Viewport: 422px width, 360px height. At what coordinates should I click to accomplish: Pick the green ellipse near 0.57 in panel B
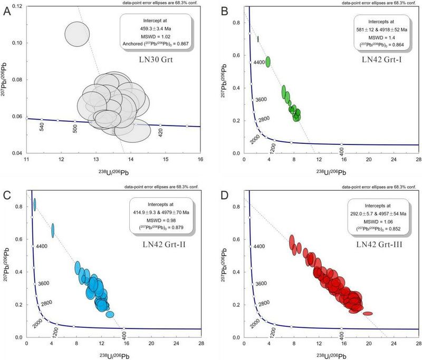(x=268, y=61)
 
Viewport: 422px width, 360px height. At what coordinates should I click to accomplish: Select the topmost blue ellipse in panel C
(x=34, y=205)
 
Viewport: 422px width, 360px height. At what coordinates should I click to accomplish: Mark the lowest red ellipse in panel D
(x=368, y=314)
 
